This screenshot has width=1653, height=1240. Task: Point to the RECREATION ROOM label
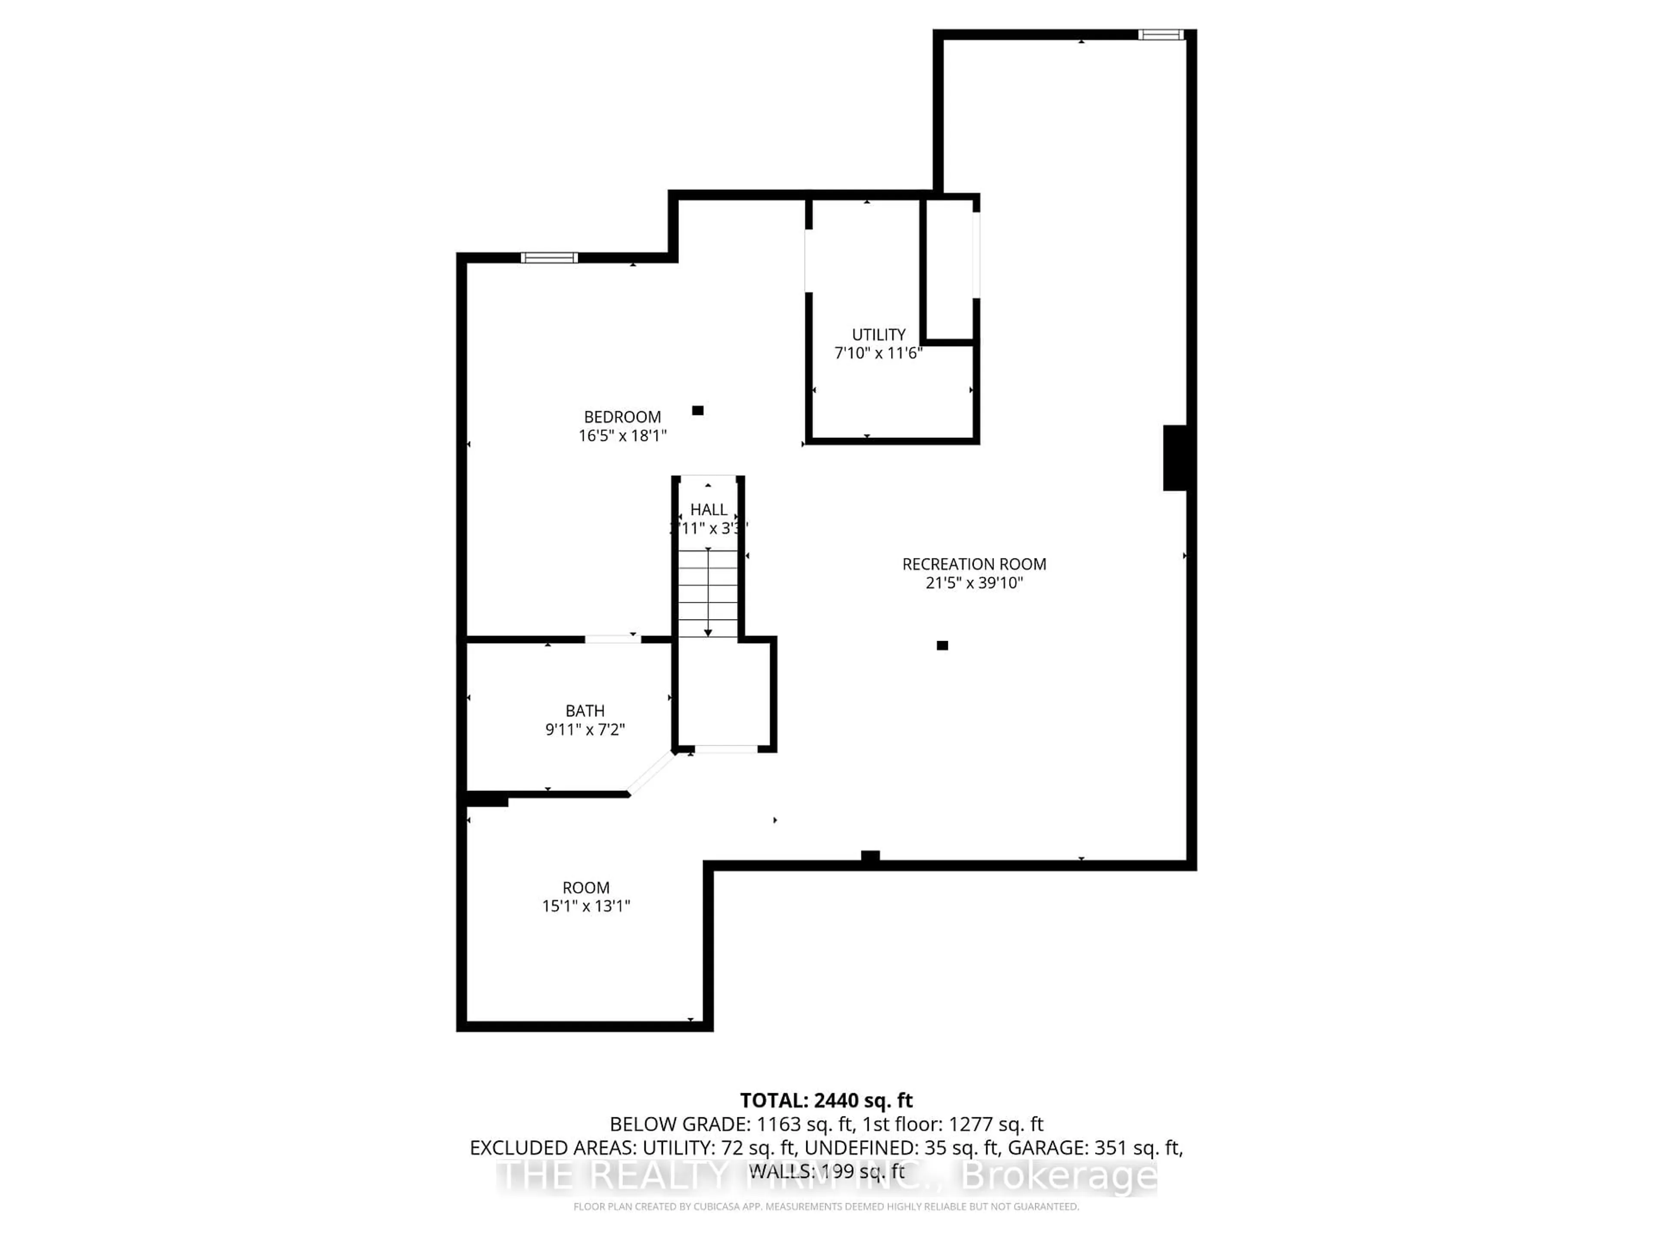point(974,564)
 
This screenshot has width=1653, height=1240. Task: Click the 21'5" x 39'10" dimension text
point(974,583)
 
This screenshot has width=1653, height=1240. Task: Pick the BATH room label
point(585,711)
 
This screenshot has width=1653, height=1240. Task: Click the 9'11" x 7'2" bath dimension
point(585,729)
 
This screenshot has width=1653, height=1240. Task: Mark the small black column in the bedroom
point(697,410)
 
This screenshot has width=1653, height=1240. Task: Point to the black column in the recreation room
point(942,645)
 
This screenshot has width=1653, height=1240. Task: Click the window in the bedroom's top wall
point(549,258)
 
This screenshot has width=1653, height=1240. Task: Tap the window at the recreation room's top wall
point(1161,34)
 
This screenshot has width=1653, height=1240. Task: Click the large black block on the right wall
point(1175,457)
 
